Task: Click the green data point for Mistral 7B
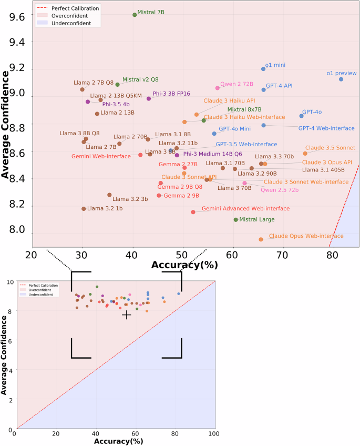tap(135, 15)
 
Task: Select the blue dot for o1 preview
tap(341, 79)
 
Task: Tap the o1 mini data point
tap(263, 69)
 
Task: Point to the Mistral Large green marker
tap(235, 219)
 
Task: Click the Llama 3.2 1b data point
tap(84, 209)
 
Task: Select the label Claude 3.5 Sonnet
tap(330, 148)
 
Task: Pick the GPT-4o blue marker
tap(301, 116)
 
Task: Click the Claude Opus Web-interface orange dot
tap(261, 239)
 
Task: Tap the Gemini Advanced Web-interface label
tap(245, 209)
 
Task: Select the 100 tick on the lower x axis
tap(213, 433)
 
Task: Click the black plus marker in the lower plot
tap(126, 315)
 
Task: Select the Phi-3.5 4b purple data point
tap(88, 102)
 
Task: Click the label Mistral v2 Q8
tap(140, 80)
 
